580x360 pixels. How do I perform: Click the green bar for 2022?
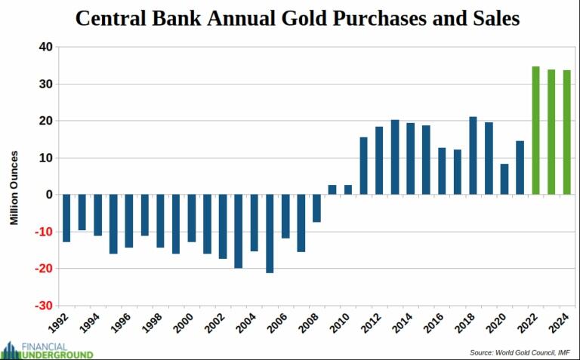[535, 131]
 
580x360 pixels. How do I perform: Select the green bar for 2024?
[566, 132]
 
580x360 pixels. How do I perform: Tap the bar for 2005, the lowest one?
[270, 233]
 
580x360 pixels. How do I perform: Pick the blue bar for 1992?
[66, 218]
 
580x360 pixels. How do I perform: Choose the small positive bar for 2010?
[348, 189]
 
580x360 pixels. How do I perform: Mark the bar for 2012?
[379, 161]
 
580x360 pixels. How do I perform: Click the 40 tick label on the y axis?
[45, 47]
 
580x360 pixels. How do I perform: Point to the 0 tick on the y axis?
[48, 195]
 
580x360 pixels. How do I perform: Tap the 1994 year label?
[89, 326]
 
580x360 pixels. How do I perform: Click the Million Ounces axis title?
[14, 188]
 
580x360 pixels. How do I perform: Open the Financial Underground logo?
[47, 349]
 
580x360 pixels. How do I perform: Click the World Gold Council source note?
[520, 352]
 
